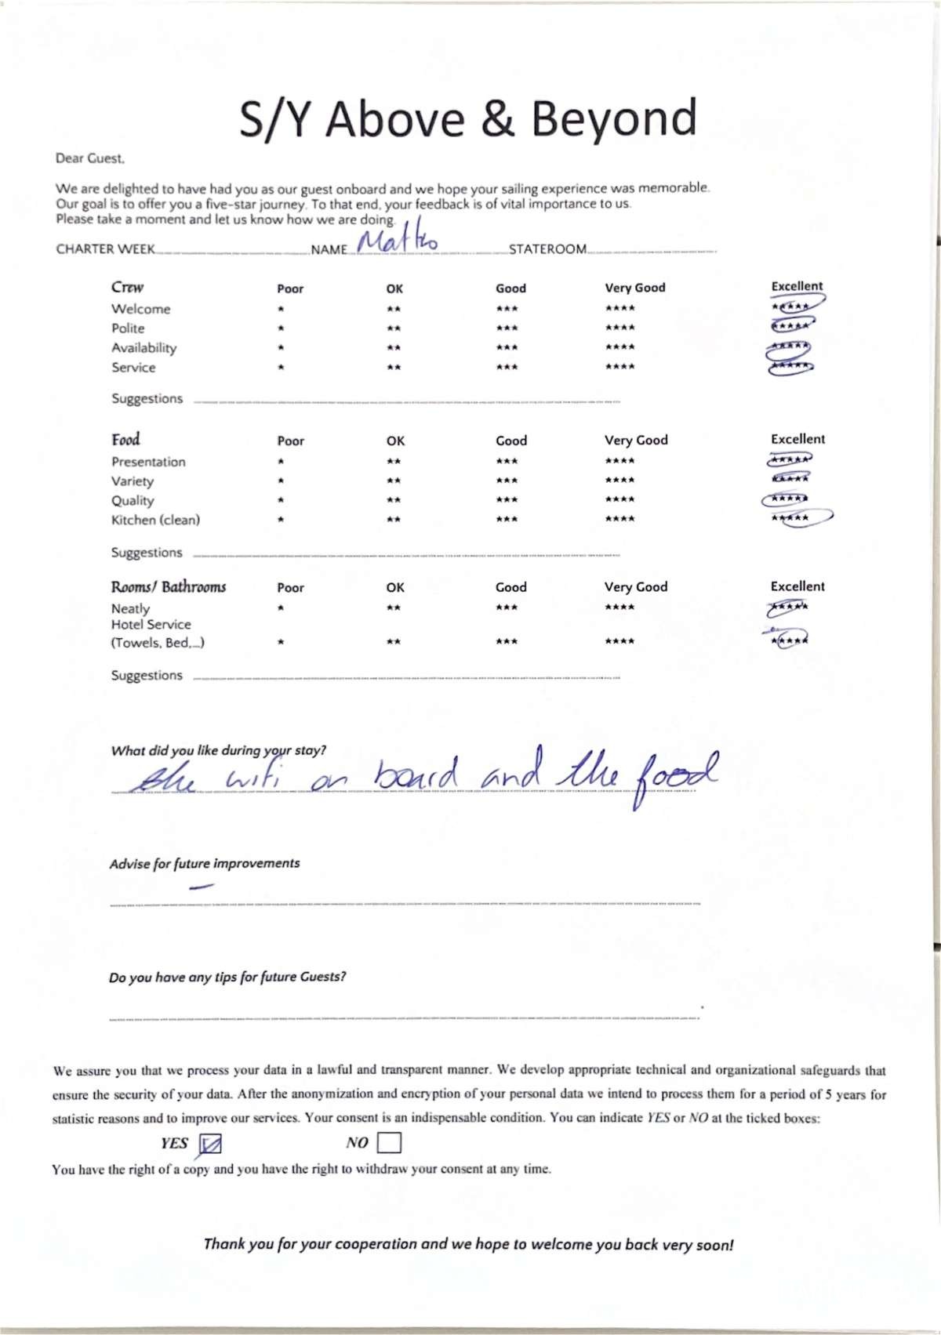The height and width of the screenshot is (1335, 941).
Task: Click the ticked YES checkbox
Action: click(x=210, y=1145)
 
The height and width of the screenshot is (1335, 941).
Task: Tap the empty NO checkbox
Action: click(x=389, y=1142)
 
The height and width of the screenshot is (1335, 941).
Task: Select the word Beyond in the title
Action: click(x=614, y=119)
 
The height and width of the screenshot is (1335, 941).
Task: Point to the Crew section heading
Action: click(x=127, y=287)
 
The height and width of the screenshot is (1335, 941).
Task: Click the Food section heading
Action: click(x=125, y=439)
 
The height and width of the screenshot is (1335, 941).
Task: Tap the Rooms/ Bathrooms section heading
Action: click(x=168, y=586)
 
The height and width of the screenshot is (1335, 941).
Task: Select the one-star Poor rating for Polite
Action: click(x=281, y=328)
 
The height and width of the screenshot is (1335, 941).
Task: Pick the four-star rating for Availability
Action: click(x=619, y=347)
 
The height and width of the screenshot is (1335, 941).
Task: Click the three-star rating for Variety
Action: click(x=507, y=481)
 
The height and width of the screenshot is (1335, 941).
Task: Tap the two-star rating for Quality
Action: click(x=394, y=500)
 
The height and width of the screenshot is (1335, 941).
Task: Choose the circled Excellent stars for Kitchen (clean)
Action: click(x=792, y=518)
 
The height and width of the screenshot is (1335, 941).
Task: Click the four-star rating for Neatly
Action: click(x=619, y=608)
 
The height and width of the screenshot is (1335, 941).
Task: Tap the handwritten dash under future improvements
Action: click(x=202, y=887)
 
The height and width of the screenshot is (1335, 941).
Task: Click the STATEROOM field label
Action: click(x=547, y=249)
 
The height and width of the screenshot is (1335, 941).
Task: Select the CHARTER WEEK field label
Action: click(x=105, y=249)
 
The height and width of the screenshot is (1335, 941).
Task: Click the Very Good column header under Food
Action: click(x=636, y=440)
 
